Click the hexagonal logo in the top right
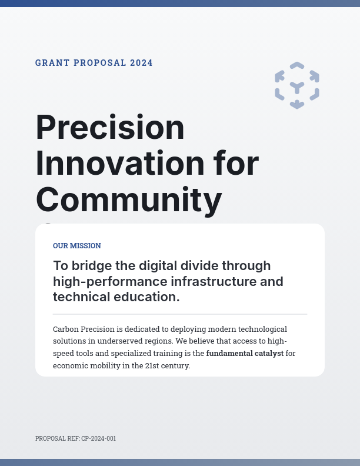point(297,85)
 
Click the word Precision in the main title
point(110,127)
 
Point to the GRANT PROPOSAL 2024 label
point(94,63)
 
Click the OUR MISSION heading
point(77,246)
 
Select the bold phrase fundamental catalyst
point(245,354)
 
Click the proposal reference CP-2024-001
point(98,438)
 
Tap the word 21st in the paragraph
point(152,366)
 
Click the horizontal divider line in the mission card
point(180,314)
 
